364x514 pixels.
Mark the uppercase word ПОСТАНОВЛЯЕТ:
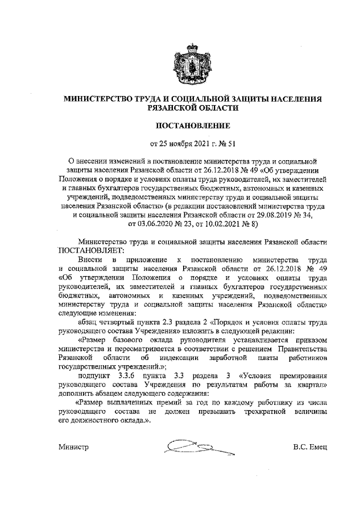pyautogui.click(x=89, y=250)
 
